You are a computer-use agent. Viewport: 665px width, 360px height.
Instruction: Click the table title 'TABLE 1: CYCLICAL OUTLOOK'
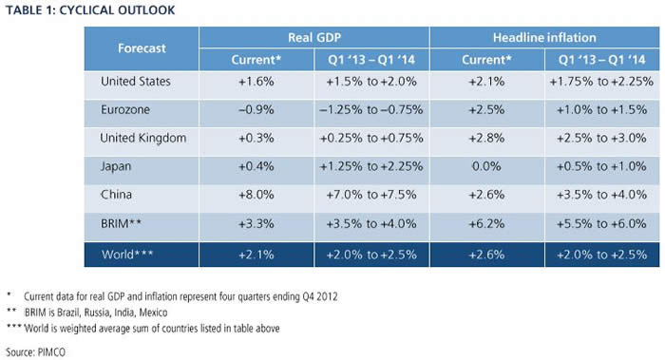[90, 10]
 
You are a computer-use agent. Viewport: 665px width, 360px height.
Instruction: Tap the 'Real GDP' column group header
[314, 38]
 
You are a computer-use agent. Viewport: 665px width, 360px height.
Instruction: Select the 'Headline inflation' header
[544, 38]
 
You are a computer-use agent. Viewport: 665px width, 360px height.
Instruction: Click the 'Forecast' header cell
[142, 48]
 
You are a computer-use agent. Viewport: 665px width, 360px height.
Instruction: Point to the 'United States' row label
[136, 82]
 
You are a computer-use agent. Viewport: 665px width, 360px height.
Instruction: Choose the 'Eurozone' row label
[125, 110]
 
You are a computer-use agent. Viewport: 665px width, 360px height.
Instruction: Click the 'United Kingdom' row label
[142, 139]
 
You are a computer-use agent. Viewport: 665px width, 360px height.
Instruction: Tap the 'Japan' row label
[116, 166]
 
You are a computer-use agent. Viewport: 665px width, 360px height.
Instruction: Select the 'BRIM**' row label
[121, 223]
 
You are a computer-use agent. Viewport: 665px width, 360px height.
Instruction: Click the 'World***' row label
[127, 255]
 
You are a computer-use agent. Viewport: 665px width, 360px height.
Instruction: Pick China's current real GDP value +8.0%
[256, 195]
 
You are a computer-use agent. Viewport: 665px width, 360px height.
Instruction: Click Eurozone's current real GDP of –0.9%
[256, 110]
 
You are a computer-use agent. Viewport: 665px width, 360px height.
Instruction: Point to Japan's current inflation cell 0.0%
[486, 166]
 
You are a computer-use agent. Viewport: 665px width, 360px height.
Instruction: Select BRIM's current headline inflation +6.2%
[486, 223]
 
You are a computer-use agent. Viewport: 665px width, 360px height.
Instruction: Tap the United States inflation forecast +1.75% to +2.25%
[601, 82]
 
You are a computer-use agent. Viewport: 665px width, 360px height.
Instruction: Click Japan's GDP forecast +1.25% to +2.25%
[371, 166]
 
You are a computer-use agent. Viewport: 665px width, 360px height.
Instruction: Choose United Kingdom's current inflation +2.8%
[486, 139]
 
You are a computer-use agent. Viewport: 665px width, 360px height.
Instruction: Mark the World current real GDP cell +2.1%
[256, 255]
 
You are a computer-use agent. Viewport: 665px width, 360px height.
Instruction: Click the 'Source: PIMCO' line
[36, 352]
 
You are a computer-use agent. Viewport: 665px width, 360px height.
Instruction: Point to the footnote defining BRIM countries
[87, 313]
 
